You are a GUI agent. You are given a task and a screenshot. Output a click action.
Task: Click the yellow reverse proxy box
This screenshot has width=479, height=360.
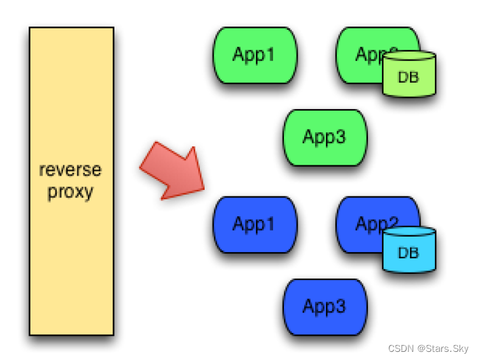pos(71,181)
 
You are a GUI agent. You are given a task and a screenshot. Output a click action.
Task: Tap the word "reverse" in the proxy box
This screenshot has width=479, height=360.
pos(70,169)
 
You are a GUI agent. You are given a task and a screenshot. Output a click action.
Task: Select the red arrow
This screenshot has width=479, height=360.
pos(171,172)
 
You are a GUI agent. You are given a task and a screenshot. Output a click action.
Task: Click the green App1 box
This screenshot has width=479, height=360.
pos(255,55)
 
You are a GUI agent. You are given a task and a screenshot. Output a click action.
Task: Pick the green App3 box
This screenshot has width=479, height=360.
pos(325,138)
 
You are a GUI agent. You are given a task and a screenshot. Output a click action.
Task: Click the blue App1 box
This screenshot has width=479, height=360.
pos(255,224)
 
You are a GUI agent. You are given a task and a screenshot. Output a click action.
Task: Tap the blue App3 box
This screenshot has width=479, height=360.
pos(325,307)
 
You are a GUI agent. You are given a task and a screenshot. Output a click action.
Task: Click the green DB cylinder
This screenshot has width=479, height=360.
pos(408,75)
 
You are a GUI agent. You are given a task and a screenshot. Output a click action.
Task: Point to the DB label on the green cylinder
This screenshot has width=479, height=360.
pos(408,78)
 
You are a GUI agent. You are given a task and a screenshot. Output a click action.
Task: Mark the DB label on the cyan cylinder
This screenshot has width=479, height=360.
pos(408,254)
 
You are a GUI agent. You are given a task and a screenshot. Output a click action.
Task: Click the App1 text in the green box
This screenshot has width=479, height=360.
pos(254,55)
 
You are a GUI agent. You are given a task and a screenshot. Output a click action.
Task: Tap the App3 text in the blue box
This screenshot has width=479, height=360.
pos(325,307)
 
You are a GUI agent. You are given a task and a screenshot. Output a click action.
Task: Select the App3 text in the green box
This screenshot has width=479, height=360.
pos(325,138)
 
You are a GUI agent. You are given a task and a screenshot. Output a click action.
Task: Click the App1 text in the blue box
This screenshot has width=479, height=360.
pos(254,224)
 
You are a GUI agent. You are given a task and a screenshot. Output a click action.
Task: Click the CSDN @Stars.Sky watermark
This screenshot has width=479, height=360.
pos(431,347)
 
